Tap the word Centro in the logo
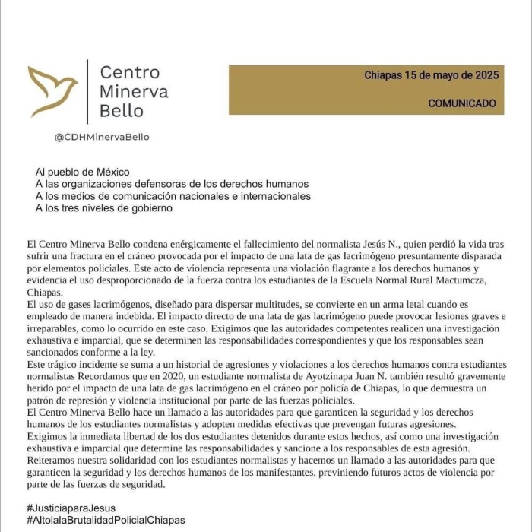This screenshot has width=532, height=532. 130,72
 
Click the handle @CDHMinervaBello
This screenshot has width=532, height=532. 102,138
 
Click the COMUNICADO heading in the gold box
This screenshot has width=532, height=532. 461,103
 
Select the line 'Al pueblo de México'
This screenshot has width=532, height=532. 83,172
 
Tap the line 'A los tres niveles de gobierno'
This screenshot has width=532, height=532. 104,207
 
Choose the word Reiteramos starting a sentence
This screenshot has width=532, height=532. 53,461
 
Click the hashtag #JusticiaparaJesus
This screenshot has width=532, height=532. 71,507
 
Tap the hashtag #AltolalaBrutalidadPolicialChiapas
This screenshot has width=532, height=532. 106,520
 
